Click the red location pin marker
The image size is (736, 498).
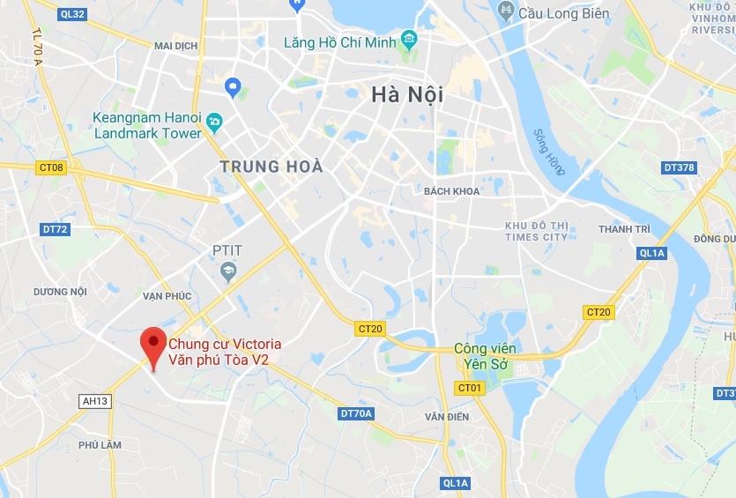click(154, 346)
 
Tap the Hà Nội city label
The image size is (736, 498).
click(406, 94)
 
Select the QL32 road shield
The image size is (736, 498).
click(73, 14)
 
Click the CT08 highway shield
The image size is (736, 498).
click(52, 167)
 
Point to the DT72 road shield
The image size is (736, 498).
click(55, 229)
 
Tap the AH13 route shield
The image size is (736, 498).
click(94, 401)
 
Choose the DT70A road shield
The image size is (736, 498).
click(356, 413)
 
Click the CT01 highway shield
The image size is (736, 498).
click(470, 388)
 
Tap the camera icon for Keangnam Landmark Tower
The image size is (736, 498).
click(215, 121)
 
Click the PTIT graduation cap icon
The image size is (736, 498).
click(228, 271)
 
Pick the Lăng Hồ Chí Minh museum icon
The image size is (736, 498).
click(408, 41)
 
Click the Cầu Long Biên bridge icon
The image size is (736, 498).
click(506, 11)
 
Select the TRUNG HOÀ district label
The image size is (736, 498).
click(271, 167)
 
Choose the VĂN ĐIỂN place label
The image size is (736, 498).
click(446, 416)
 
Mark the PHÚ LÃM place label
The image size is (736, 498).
click(100, 445)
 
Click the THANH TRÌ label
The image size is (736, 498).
click(624, 229)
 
